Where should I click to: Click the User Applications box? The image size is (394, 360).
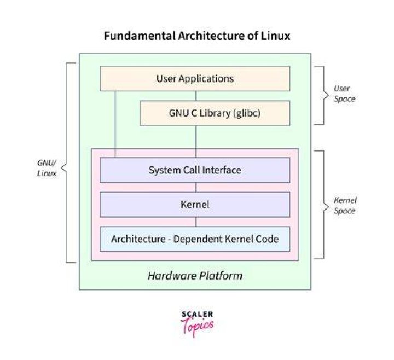tap(195, 78)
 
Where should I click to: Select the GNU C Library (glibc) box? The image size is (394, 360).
tap(215, 113)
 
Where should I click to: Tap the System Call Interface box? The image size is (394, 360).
tap(195, 170)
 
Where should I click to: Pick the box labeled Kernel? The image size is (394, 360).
tap(195, 205)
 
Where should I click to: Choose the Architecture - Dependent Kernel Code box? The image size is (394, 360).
tap(195, 239)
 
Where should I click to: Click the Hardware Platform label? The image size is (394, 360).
tap(195, 276)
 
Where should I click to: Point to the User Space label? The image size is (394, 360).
tap(344, 94)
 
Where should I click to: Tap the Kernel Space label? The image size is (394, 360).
tap(345, 206)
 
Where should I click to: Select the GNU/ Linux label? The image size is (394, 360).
tap(47, 168)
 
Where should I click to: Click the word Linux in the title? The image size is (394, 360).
tap(275, 36)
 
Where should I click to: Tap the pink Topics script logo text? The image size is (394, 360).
tap(197, 327)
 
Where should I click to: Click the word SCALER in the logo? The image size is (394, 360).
tap(197, 314)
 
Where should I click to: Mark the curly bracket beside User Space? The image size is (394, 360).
tap(323, 95)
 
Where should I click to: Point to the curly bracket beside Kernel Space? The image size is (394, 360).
tap(323, 205)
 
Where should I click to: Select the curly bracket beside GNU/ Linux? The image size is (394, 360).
tap(66, 162)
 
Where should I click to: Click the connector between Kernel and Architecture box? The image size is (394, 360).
tap(196, 222)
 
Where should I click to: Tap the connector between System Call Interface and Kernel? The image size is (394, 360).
tap(196, 188)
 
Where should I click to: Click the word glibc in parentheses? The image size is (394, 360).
tap(247, 113)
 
